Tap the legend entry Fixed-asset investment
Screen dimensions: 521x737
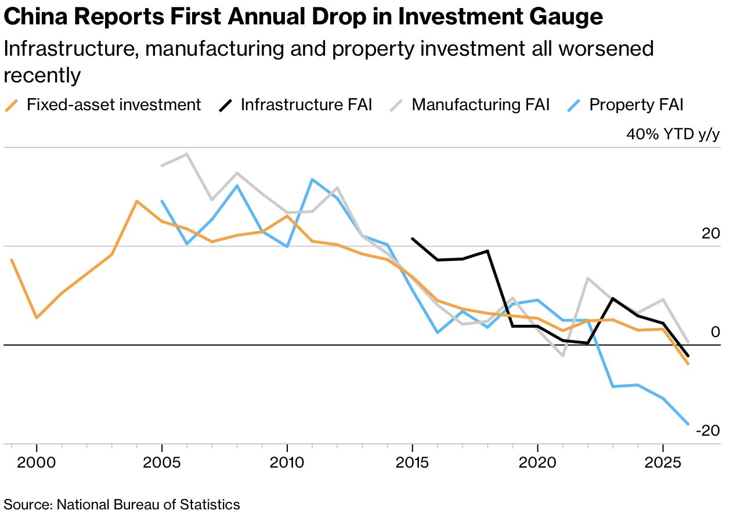pos(113,105)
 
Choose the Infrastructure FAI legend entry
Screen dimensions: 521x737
pos(306,105)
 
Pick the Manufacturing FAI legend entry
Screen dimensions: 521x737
pos(480,105)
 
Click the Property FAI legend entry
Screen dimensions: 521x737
pos(636,105)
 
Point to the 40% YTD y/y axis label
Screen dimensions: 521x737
pos(673,135)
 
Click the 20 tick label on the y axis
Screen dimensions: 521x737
pos(710,234)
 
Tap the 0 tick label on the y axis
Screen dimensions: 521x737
pos(715,332)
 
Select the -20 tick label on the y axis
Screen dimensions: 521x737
pos(707,431)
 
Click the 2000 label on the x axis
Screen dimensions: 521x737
pos(37,463)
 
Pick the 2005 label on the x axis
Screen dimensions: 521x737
pos(162,463)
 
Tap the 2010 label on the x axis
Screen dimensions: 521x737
pos(287,463)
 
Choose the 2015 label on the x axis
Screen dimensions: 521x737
pos(412,463)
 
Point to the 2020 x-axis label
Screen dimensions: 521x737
pos(537,463)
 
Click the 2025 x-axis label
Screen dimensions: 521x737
pos(663,463)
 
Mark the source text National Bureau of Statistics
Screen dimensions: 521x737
pos(148,504)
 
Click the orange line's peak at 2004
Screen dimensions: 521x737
pos(136,201)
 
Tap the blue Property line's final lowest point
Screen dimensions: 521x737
pos(688,424)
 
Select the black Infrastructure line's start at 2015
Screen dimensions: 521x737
pos(412,238)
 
